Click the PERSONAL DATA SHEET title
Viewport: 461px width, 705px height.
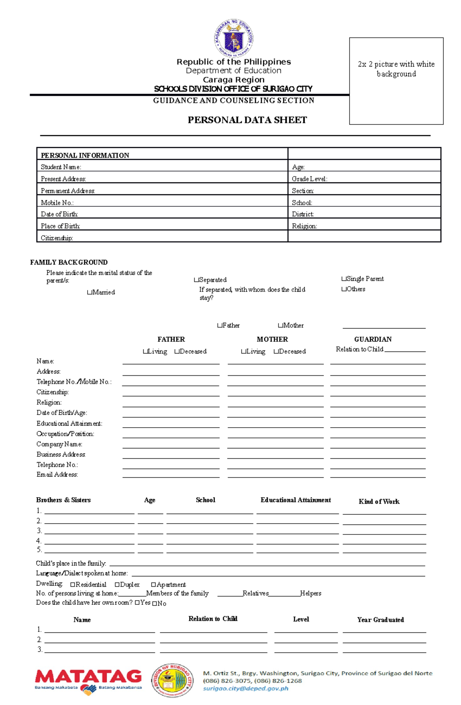[247, 120]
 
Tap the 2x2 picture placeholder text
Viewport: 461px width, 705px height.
[396, 69]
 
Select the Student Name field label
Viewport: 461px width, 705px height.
[61, 167]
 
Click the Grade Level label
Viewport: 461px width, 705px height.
[309, 179]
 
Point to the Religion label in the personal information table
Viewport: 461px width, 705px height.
[304, 226]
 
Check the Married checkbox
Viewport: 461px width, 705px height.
[90, 292]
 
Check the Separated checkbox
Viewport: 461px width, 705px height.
[196, 280]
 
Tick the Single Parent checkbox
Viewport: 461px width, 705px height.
[343, 279]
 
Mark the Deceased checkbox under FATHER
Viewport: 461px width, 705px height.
[177, 352]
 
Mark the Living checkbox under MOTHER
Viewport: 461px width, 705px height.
[244, 352]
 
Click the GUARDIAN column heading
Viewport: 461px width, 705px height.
[373, 339]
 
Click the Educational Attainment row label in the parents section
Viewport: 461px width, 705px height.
[69, 423]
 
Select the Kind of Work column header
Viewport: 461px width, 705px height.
[379, 501]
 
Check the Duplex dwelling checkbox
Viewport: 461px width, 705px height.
[117, 585]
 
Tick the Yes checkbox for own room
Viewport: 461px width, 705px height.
[137, 603]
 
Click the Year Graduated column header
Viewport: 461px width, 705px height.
[380, 620]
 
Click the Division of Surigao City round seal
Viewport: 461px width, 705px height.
[172, 680]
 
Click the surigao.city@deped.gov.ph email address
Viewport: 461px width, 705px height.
[245, 688]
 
